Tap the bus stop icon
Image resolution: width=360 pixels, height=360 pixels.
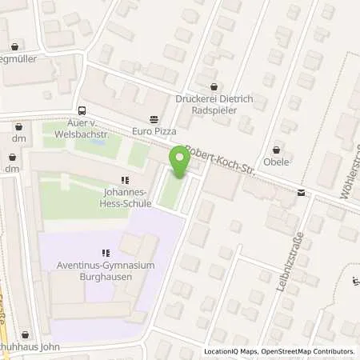coord(82,110)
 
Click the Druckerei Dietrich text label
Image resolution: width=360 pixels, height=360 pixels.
coord(213,99)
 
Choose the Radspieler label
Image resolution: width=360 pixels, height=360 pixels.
coord(213,110)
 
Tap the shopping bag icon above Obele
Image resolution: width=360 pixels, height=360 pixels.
coord(277,149)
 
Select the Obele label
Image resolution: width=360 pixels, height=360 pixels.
coord(277,162)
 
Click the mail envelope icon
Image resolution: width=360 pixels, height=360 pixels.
coord(301,192)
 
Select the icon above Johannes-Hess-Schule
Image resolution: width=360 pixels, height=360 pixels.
coord(123,181)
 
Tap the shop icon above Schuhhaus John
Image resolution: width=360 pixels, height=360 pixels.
coord(26,334)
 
